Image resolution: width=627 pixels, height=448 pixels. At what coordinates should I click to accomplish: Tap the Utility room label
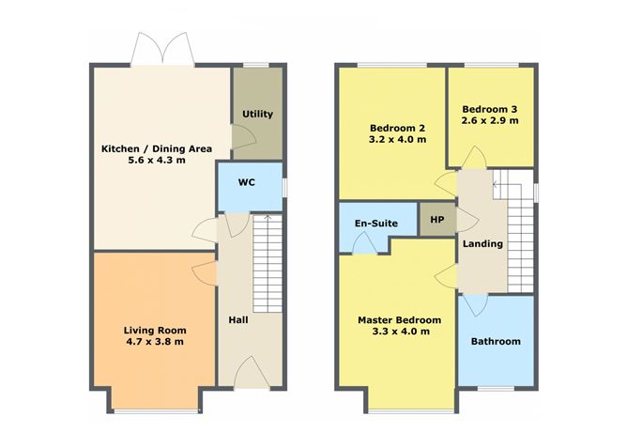click(258, 115)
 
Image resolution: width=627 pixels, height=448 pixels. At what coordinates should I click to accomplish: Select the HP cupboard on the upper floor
click(436, 220)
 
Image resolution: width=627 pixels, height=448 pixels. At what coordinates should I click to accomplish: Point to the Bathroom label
click(496, 341)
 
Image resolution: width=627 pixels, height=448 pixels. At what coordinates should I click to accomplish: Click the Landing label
click(482, 244)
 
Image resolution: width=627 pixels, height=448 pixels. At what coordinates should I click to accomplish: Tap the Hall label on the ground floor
click(238, 320)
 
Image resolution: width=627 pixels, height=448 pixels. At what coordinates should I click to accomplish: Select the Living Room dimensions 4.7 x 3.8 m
click(154, 342)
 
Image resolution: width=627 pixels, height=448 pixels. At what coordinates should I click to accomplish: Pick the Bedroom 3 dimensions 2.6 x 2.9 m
click(490, 121)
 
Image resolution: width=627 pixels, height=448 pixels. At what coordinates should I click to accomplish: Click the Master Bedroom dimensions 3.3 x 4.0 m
click(394, 332)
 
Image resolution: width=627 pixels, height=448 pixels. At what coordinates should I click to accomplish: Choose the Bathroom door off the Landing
click(474, 303)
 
